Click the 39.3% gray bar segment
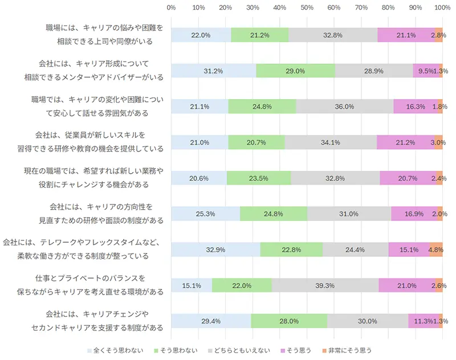tap(325, 285)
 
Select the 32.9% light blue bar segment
tap(215, 249)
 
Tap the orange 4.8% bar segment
tap(436, 249)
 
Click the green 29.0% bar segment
tap(295, 71)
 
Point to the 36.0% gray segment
tap(345, 107)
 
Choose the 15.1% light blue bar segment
tap(192, 285)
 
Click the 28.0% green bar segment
tap(289, 321)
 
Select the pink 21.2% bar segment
tap(405, 142)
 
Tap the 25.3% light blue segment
tap(205, 214)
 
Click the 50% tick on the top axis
tap(307, 7)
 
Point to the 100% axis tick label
tap(442, 7)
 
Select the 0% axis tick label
tap(171, 7)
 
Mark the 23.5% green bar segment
tap(259, 178)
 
